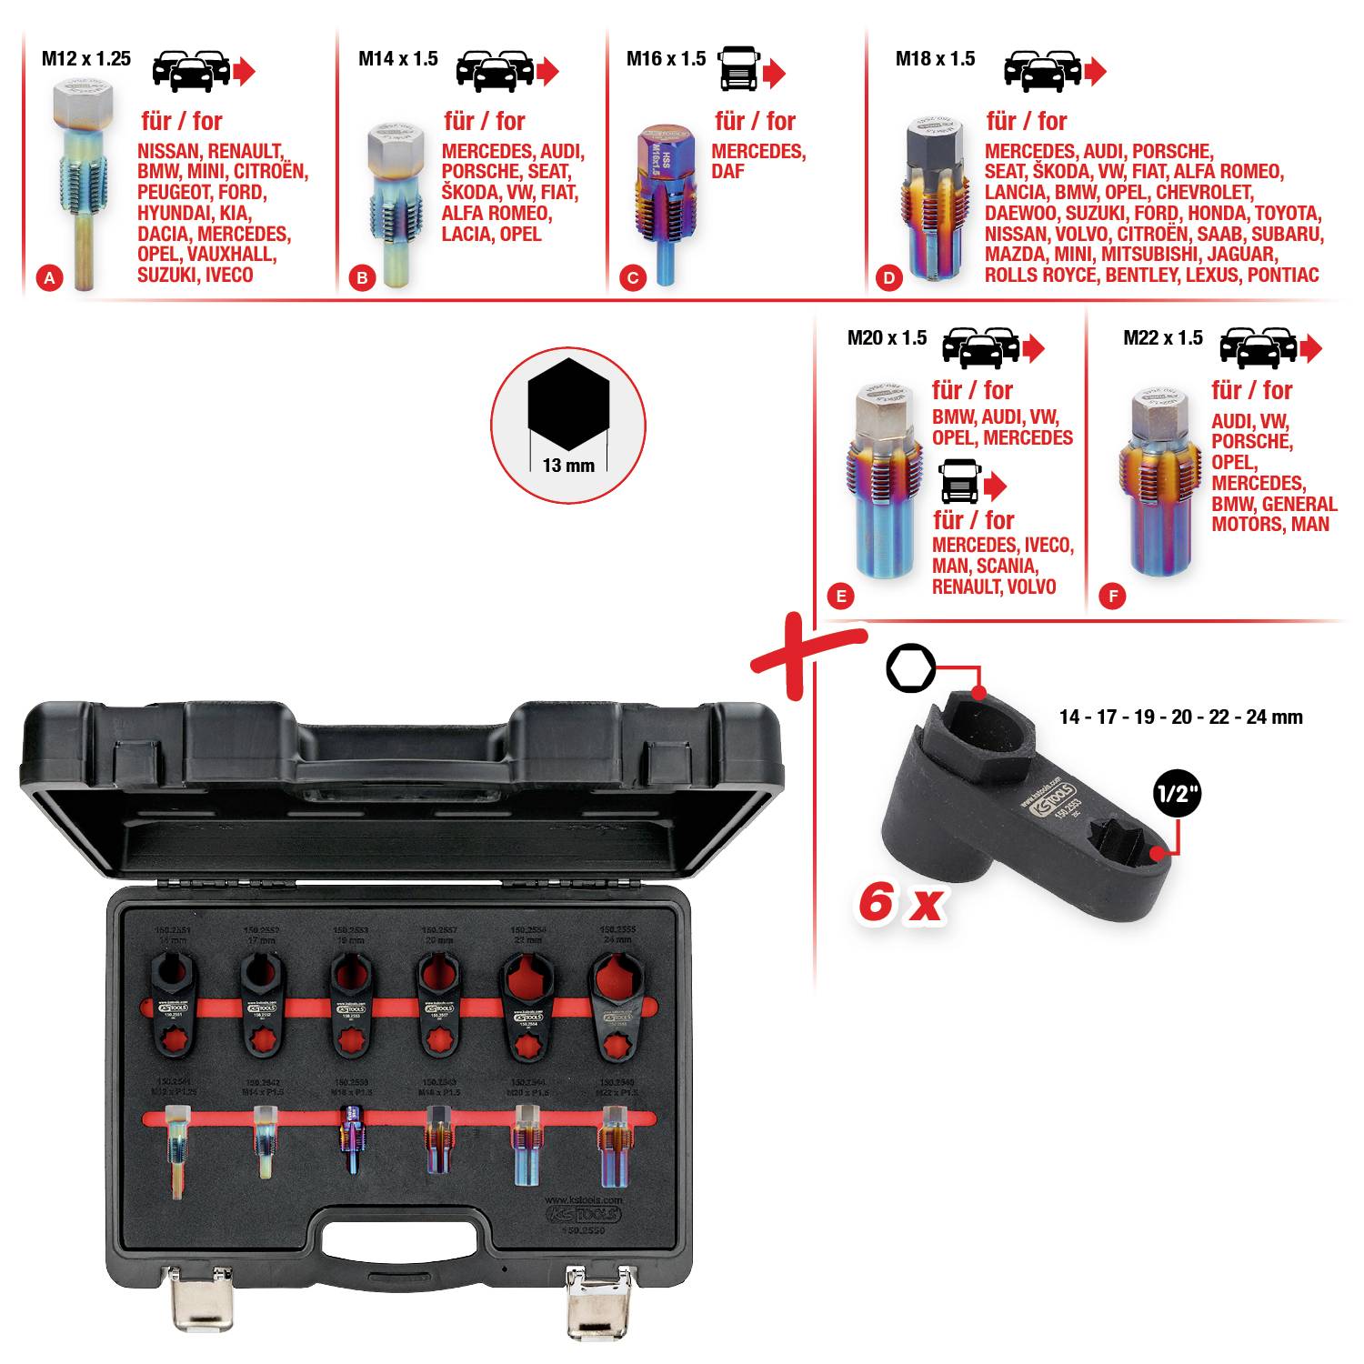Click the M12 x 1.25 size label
pos(86,59)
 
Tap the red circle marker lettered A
pos(50,278)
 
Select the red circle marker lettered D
pos(888,278)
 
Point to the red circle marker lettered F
pos(1111,597)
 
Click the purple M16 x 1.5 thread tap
pos(665,200)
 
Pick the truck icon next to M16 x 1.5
pos(738,69)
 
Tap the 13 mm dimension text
pos(568,466)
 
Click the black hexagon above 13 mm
pos(568,404)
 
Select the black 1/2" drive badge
pos(1177,794)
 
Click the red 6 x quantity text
pos(900,903)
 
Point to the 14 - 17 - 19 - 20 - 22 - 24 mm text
pos(1180,717)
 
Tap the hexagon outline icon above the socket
pos(910,669)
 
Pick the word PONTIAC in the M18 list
pos(1282,276)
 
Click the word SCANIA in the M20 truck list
pos(1007,566)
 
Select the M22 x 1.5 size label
pos(1162,338)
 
